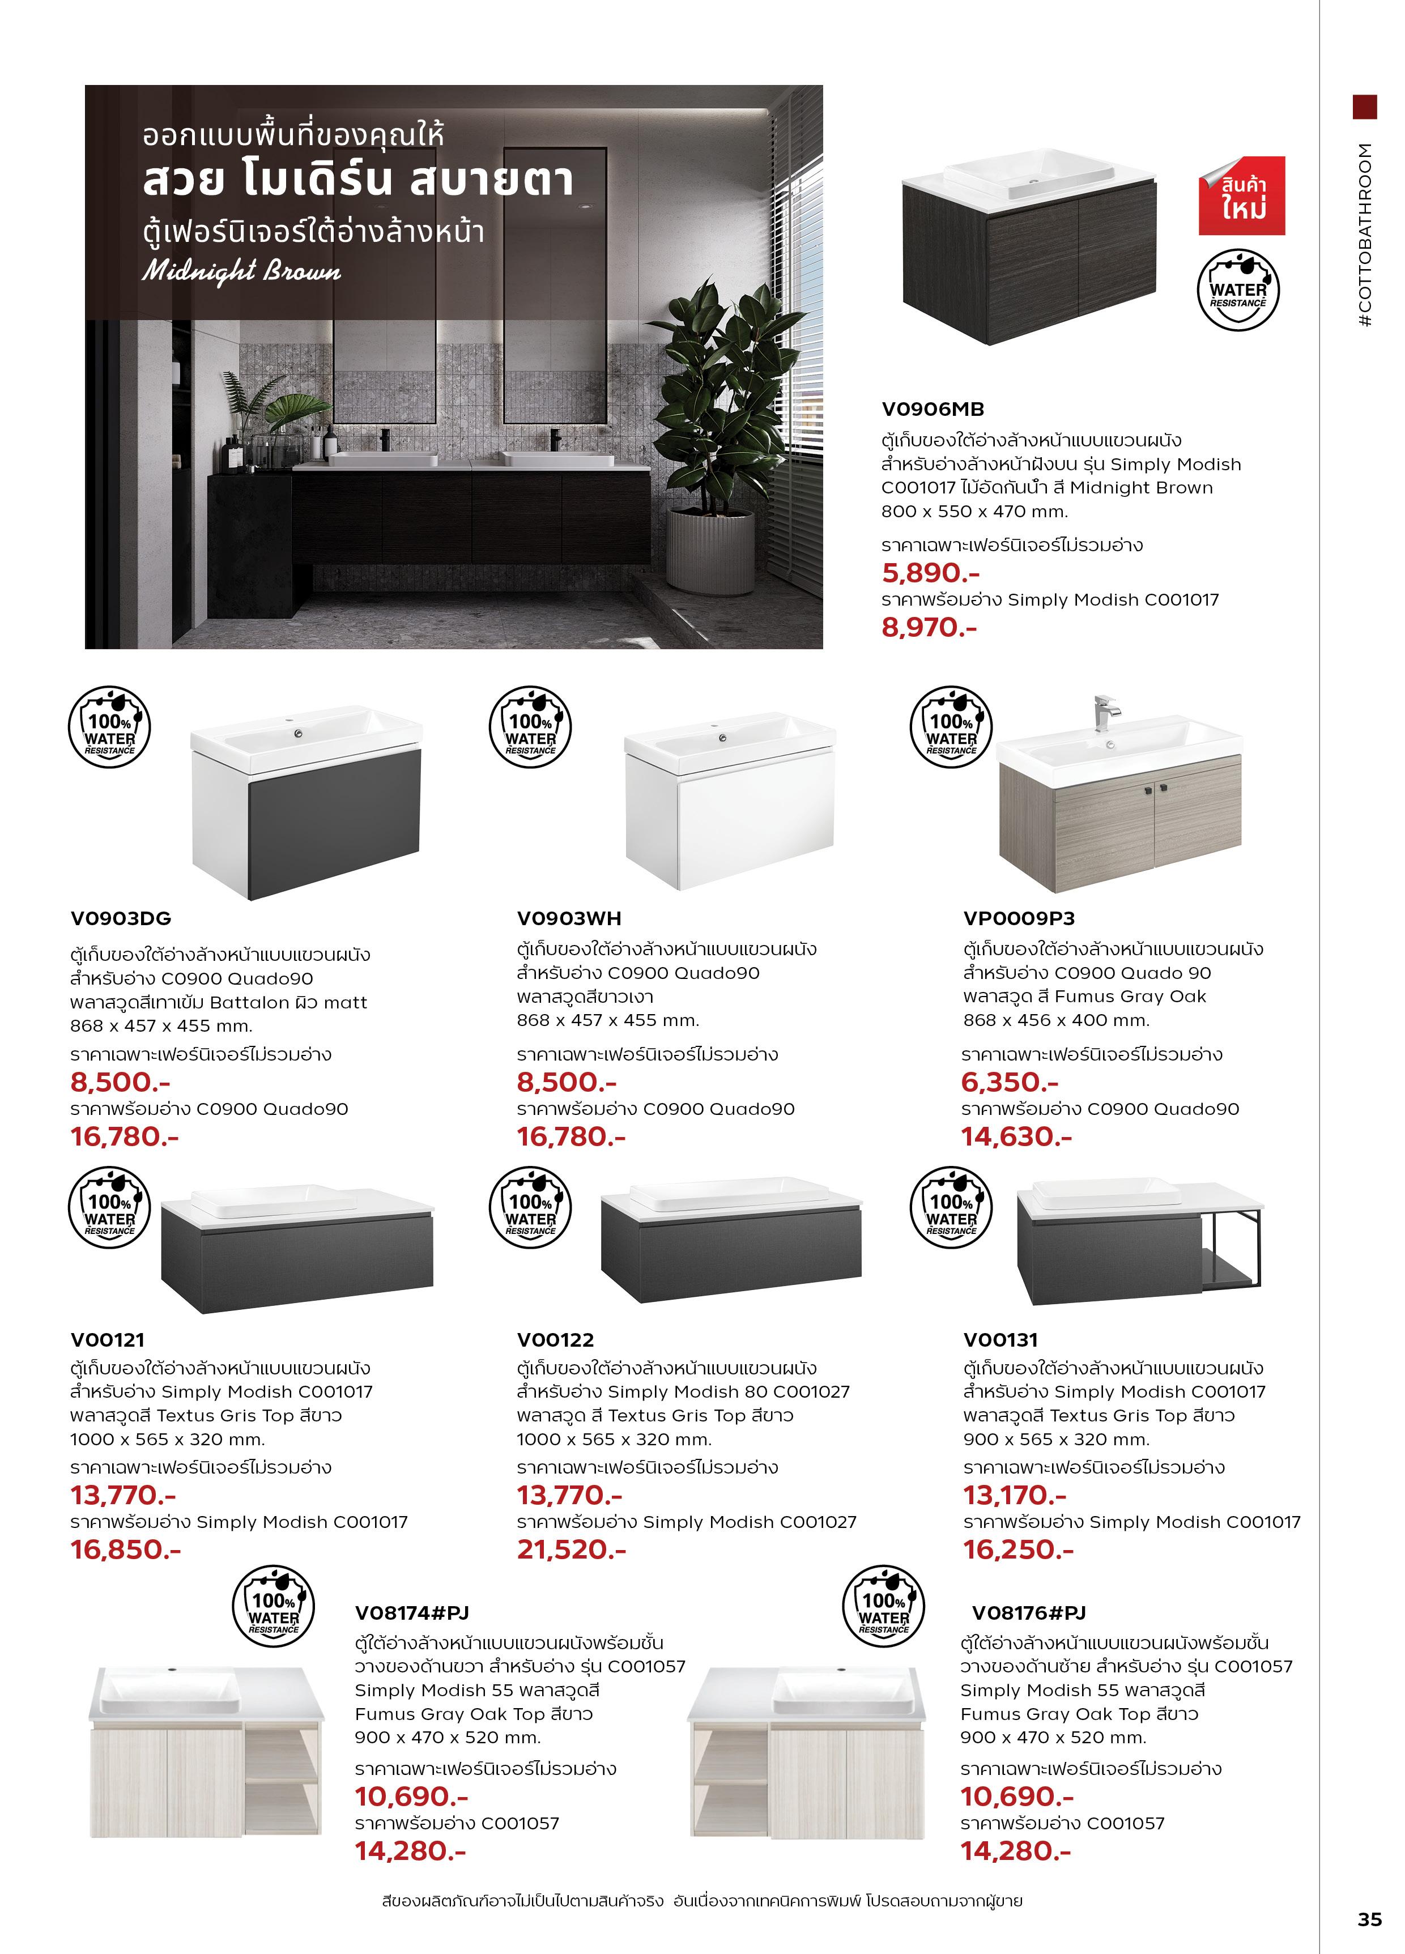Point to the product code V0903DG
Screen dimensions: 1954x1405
[121, 918]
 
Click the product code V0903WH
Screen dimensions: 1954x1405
[569, 918]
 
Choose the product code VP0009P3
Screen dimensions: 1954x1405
[1019, 918]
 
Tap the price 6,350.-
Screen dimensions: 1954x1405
[1010, 1082]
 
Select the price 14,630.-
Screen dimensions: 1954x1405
[1016, 1136]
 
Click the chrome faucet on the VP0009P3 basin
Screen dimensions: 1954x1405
[1105, 711]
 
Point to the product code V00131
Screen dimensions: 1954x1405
[1000, 1340]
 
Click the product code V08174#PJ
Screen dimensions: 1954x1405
[412, 1613]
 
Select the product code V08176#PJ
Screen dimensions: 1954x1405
[1029, 1613]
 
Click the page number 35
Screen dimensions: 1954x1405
[1369, 1919]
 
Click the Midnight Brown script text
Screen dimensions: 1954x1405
[241, 271]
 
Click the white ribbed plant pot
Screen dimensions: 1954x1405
[710, 551]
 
